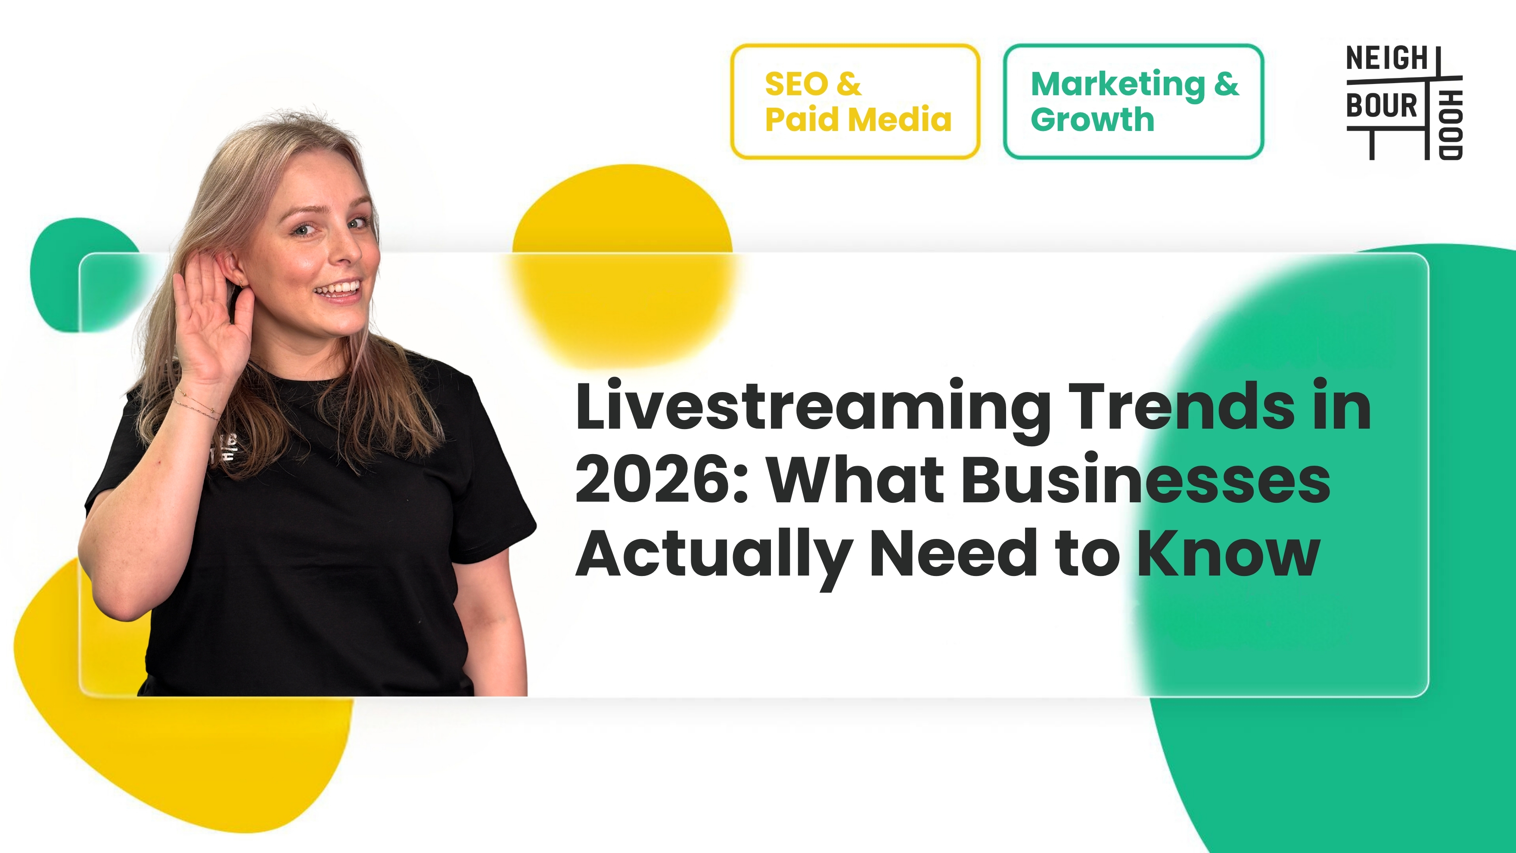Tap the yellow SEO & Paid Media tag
tap(855, 101)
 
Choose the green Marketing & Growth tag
tap(1134, 101)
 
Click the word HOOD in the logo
tap(1451, 125)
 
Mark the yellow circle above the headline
tap(623, 265)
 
